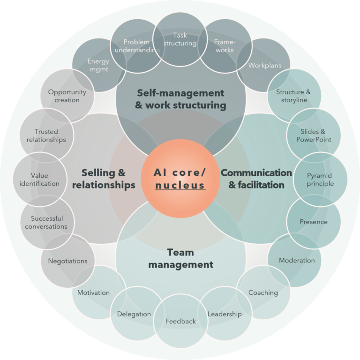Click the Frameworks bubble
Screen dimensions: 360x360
224,45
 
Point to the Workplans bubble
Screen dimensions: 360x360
264,65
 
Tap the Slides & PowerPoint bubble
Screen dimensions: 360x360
314,135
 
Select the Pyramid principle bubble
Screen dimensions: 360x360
320,179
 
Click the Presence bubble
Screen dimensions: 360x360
314,222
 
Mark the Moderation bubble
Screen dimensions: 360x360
296,260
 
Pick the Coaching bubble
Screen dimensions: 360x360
263,292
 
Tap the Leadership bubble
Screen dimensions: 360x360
225,314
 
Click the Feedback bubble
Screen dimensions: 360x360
180,321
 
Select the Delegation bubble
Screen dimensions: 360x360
134,314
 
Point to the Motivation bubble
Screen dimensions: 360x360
94,292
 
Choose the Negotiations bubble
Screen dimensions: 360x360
67,261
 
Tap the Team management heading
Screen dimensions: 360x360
180,259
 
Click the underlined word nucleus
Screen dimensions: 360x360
180,185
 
